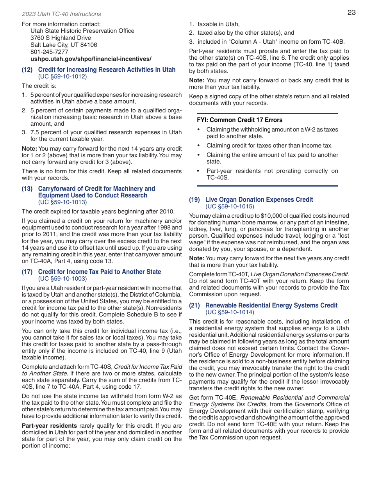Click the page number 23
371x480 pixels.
[351, 12]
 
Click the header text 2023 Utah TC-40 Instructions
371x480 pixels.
[61, 14]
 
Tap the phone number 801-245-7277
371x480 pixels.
[49, 52]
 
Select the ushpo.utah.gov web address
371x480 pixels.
[91, 59]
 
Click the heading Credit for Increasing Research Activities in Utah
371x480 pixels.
[107, 69]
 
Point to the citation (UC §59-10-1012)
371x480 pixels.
[62, 76]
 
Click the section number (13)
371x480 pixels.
[27, 188]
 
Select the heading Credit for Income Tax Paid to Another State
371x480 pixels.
[99, 272]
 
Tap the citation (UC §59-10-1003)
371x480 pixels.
[62, 279]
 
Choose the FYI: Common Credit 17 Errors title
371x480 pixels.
[239, 120]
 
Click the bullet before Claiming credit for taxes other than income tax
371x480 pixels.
[199, 146]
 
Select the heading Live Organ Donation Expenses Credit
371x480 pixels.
[259, 199]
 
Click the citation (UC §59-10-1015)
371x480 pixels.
[230, 206]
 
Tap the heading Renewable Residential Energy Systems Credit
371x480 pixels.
[271, 305]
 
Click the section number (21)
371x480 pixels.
[194, 305]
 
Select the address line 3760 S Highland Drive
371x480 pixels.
[61, 38]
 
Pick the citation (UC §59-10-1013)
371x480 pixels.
[62, 202]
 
